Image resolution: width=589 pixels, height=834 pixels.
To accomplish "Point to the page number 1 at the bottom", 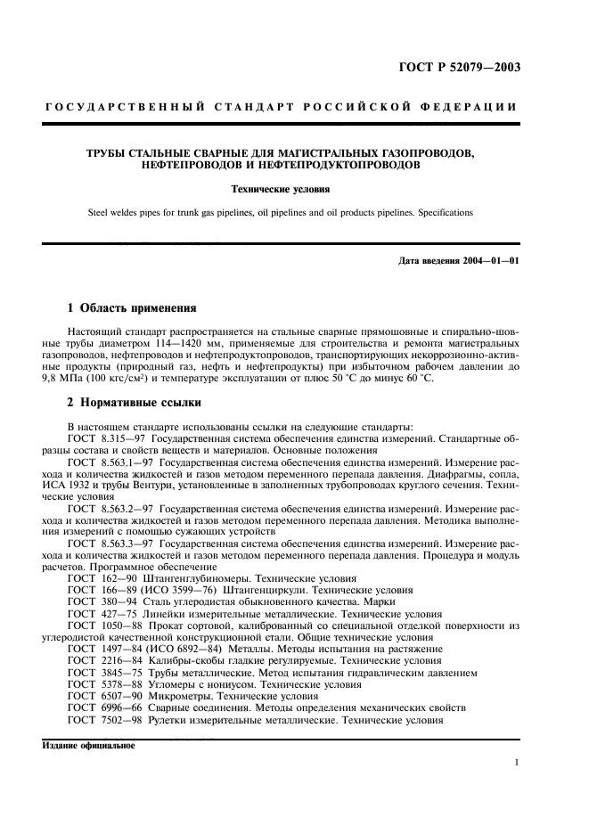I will (517, 762).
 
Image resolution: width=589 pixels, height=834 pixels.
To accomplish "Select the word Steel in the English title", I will (101, 212).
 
